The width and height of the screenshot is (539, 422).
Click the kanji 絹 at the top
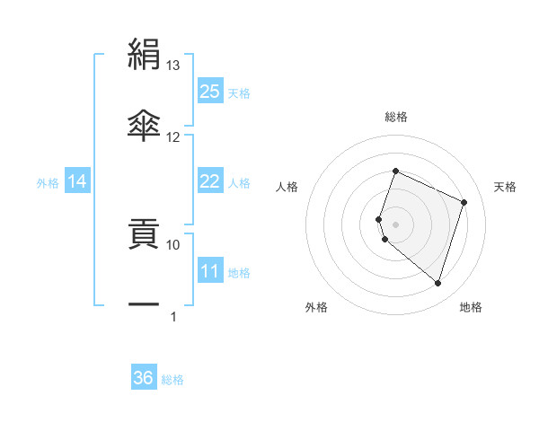coord(144,55)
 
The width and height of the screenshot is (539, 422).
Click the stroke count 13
coord(173,66)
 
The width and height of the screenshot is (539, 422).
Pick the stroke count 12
coord(173,136)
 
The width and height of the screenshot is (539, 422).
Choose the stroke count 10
coord(173,243)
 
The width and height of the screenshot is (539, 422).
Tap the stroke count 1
coord(173,316)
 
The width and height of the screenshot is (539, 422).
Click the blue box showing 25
coord(210,91)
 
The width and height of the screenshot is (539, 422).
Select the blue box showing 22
coord(210,181)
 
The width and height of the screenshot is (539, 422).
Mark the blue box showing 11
coord(210,271)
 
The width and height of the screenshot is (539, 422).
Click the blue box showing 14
coord(78,181)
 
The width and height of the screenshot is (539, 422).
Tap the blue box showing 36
coord(144,378)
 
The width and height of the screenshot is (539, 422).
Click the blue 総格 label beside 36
coord(172,380)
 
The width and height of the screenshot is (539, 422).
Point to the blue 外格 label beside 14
coord(48,183)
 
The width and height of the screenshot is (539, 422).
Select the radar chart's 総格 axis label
coord(396,117)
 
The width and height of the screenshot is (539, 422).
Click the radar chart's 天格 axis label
coord(505,187)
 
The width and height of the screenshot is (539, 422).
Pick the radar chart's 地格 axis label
coord(471,308)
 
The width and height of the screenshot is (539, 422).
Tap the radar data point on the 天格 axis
coord(464,202)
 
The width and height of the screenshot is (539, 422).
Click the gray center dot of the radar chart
coord(396,224)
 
